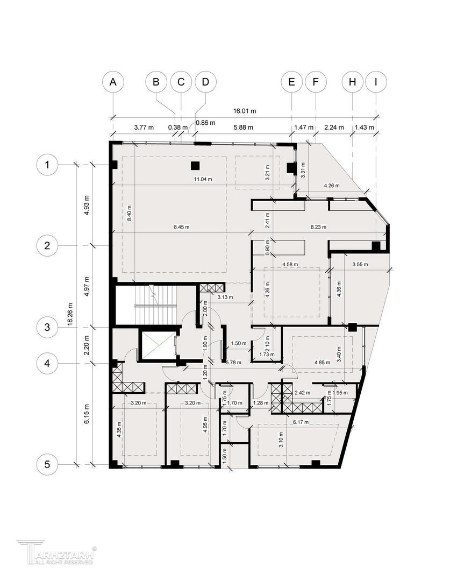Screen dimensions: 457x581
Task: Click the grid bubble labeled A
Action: coord(113,82)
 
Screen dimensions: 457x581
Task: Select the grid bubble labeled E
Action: coord(291,82)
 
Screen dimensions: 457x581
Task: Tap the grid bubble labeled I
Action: coord(376,82)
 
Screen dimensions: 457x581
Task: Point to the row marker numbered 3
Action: coord(47,327)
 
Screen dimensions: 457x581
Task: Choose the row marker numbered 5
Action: coord(47,464)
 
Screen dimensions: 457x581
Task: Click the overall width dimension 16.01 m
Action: coord(245,111)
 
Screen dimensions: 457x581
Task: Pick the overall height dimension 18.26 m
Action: coord(70,315)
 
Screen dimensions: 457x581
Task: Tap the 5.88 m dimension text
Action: coord(244,127)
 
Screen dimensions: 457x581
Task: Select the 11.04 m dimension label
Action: coord(203,179)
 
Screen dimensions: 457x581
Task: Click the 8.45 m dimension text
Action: coord(182,227)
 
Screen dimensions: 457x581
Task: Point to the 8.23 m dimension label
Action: coord(318,227)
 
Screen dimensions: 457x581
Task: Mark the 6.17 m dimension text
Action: coord(301,422)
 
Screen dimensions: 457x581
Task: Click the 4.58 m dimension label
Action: coord(290,265)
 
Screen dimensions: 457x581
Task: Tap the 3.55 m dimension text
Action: coord(360,265)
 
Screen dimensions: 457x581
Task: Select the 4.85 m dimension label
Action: coord(322,363)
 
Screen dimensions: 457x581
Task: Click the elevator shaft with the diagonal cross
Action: coord(156,346)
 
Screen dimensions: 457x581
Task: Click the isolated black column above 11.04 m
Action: coord(195,166)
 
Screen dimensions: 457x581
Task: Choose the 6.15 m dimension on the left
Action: coord(86,414)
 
